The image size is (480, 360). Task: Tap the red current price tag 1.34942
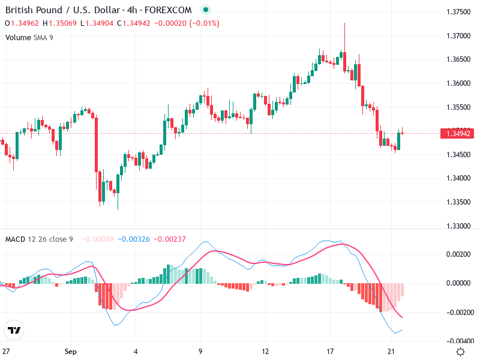point(458,133)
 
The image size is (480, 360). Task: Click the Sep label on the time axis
point(71,352)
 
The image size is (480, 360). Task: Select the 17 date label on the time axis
point(330,352)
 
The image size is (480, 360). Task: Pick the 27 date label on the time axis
point(7,352)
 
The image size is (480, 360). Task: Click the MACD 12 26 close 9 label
point(39,239)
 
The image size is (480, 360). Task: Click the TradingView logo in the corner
point(14,331)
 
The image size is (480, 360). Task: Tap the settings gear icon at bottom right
point(461,352)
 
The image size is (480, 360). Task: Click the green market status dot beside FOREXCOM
point(206,10)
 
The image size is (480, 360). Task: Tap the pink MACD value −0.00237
point(170,239)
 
